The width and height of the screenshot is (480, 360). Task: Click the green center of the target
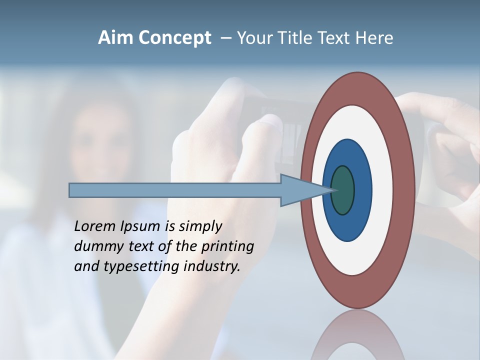(343, 190)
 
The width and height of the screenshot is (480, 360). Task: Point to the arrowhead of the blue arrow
(305, 190)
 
